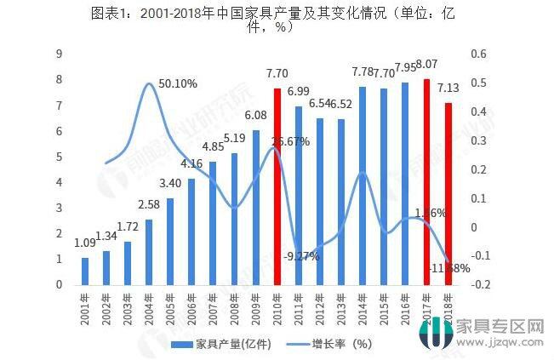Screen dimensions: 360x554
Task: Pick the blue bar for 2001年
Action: coord(85,271)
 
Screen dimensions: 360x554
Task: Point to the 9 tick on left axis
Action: coord(59,54)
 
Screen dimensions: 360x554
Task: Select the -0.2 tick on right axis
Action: coord(479,284)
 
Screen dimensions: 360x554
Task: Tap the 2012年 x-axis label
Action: coord(320,304)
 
